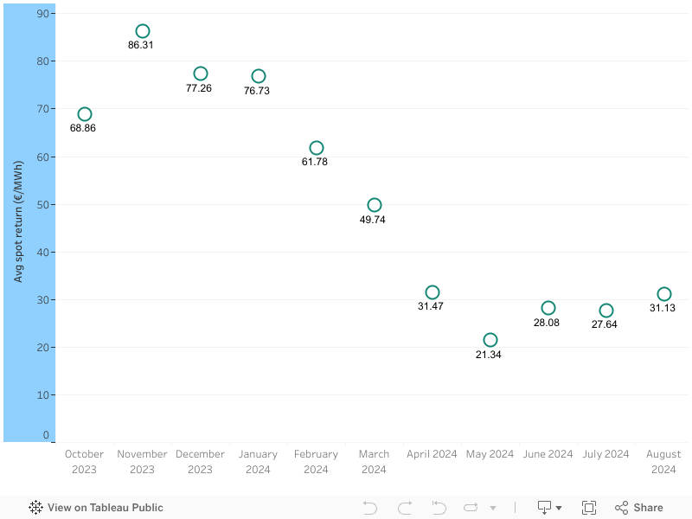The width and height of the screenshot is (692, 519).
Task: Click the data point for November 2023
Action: (x=143, y=26)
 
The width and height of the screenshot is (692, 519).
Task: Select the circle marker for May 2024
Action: (x=490, y=334)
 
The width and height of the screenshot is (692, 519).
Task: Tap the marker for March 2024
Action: (x=375, y=199)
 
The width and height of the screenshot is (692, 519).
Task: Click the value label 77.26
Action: (x=199, y=88)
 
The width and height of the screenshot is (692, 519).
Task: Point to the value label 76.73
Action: (x=257, y=91)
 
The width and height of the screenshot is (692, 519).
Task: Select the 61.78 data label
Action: (x=315, y=162)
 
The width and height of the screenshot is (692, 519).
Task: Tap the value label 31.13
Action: (x=663, y=308)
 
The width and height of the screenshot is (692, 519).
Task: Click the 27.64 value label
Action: (x=604, y=324)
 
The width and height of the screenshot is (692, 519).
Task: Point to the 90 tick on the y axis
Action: (x=42, y=14)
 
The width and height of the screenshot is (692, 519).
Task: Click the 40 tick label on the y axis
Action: (x=42, y=252)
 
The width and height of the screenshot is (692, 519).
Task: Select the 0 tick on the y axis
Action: (x=46, y=435)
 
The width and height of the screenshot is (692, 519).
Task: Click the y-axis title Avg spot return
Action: (x=17, y=221)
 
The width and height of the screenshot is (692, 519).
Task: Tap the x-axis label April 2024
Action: (x=432, y=454)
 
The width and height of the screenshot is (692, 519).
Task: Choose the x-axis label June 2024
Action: (x=548, y=454)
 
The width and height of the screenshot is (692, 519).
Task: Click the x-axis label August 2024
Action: (x=663, y=462)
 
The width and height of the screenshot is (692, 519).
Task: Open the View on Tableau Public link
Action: (x=96, y=508)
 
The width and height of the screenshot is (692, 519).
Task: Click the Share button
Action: (x=639, y=508)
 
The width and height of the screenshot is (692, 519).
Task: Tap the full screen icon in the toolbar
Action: (x=589, y=508)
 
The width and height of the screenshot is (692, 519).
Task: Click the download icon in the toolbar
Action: (x=545, y=508)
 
